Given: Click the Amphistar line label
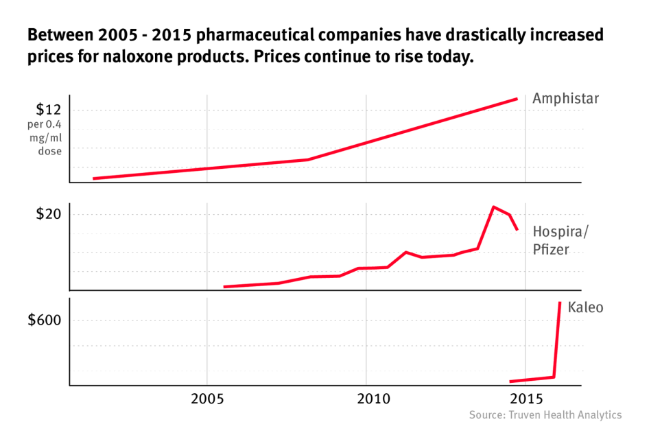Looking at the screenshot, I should pos(565,99).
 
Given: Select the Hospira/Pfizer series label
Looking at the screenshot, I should pos(560,240).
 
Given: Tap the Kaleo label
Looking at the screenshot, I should pos(585,307).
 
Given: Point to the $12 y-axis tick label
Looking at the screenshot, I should pos(49,110).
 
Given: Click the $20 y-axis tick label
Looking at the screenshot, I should pos(49,214).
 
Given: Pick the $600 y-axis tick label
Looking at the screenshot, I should pos(45,320).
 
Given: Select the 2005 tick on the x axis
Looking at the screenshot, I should pos(206,399).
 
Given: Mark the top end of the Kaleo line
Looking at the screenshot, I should pos(560,303).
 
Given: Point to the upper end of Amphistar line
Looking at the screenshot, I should pos(517,99).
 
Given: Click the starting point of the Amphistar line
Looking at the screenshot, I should pos(93,178).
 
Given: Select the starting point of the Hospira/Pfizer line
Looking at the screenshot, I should pos(224,287).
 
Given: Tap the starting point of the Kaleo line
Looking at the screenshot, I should pos(510,382).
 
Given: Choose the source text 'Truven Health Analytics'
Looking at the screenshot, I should pos(564,415).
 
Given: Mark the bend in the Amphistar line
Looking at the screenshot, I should pos(307,159).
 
